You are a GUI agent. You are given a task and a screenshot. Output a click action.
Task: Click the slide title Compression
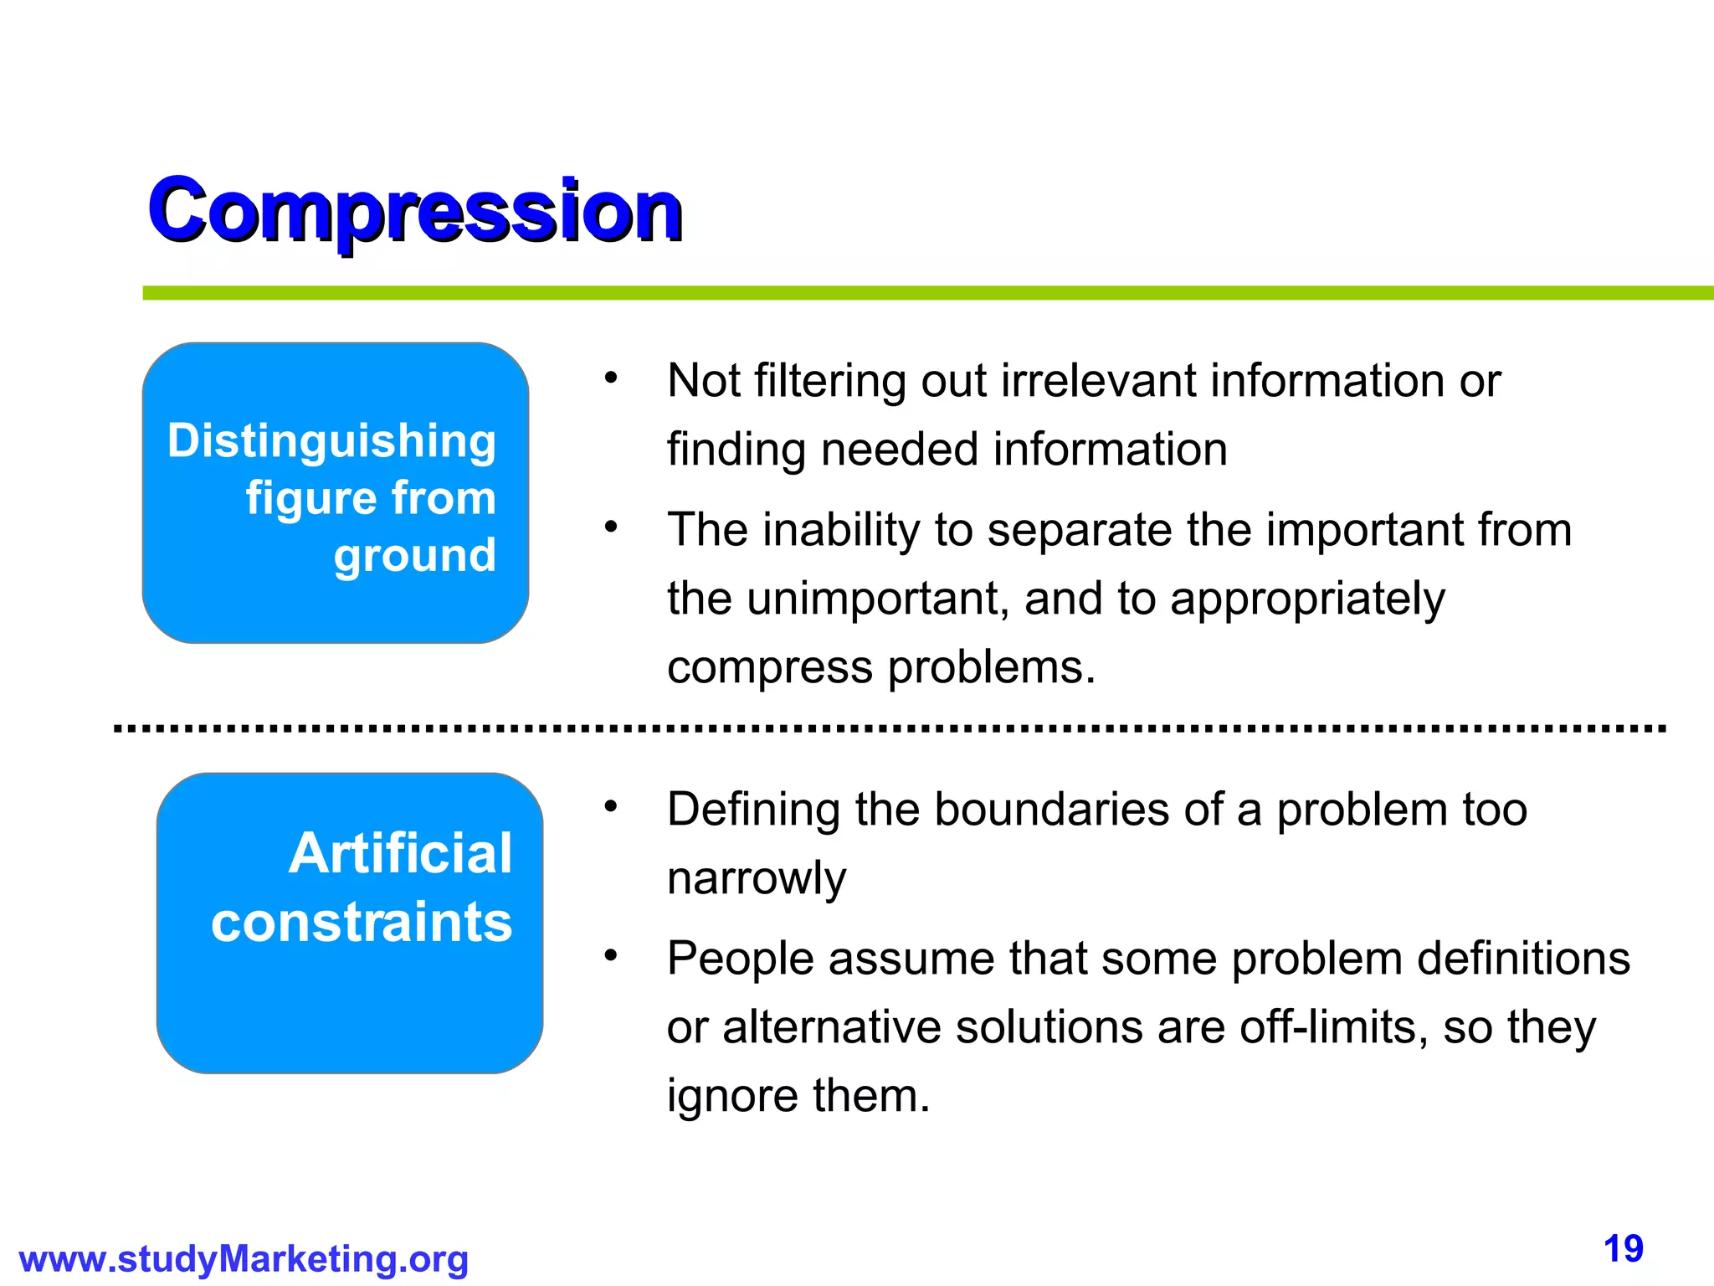click(415, 211)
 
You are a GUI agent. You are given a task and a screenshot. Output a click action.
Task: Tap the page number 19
click(1623, 1250)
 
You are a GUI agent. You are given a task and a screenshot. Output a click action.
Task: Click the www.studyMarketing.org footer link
click(244, 1259)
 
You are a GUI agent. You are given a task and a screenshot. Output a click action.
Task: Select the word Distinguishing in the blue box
click(331, 441)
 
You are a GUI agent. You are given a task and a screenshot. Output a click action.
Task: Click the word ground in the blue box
click(415, 555)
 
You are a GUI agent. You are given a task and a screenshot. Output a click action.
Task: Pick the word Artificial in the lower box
click(400, 853)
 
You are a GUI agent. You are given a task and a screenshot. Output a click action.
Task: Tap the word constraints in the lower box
click(362, 922)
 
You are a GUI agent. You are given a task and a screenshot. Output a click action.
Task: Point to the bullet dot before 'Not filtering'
click(611, 378)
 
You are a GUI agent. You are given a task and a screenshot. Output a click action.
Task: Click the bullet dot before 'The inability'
click(611, 527)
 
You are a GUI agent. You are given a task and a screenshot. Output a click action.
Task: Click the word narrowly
click(757, 878)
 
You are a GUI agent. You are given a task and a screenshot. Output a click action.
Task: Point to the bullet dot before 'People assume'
click(611, 955)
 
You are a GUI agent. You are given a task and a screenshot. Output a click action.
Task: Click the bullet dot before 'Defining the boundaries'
click(611, 806)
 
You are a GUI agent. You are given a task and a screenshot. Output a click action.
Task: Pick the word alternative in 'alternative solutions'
click(832, 1027)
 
